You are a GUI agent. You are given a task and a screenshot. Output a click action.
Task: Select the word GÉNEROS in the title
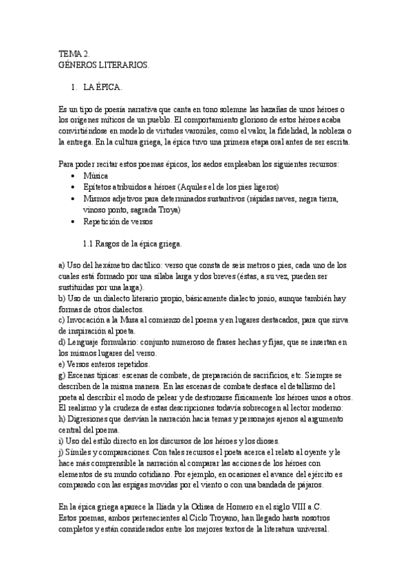pos(78,64)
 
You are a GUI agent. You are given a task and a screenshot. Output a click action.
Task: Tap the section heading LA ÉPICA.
pos(102,89)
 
